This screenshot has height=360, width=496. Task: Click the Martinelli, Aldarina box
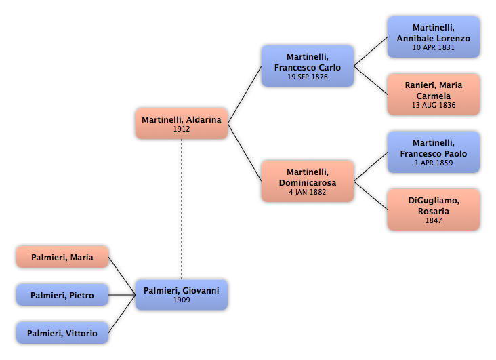click(x=182, y=124)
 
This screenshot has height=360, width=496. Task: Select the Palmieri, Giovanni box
click(x=182, y=295)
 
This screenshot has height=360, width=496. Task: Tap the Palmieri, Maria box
click(x=62, y=257)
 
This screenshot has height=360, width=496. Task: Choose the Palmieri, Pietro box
click(x=62, y=295)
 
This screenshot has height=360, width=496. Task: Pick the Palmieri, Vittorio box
click(x=62, y=333)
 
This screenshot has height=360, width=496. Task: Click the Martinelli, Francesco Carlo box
click(x=308, y=66)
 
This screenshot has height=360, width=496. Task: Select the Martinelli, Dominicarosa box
click(x=308, y=182)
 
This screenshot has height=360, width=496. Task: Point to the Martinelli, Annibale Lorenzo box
click(x=434, y=37)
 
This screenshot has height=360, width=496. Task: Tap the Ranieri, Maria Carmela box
click(x=434, y=95)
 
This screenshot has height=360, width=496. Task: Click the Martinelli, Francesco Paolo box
click(x=434, y=153)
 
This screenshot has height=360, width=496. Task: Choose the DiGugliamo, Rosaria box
click(x=434, y=210)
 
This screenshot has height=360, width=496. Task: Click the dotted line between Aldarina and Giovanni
click(x=182, y=209)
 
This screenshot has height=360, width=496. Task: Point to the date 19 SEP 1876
click(x=308, y=77)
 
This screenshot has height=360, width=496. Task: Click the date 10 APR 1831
click(x=434, y=48)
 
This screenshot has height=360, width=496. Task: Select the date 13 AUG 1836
click(x=434, y=106)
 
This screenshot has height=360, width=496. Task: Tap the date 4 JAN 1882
click(x=308, y=192)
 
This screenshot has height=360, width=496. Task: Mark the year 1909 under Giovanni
click(x=182, y=300)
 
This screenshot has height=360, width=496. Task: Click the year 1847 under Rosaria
click(x=434, y=221)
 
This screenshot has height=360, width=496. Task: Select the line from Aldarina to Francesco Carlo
click(x=245, y=95)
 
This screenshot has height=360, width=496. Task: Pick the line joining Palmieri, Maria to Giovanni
click(x=122, y=276)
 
